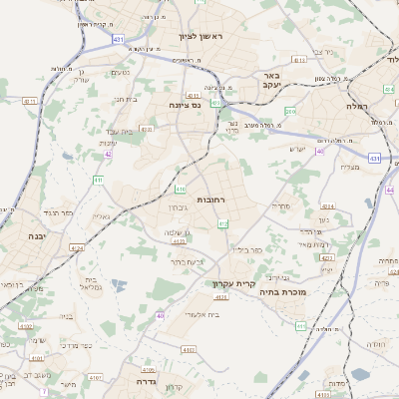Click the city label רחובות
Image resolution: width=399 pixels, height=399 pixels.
(x=212, y=199)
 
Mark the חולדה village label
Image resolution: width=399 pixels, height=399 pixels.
(x=376, y=344)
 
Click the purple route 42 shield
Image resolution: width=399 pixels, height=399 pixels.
(x=108, y=155)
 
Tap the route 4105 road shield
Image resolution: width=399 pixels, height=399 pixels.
(x=149, y=368)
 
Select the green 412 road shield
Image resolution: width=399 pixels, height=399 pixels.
(x=222, y=223)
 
